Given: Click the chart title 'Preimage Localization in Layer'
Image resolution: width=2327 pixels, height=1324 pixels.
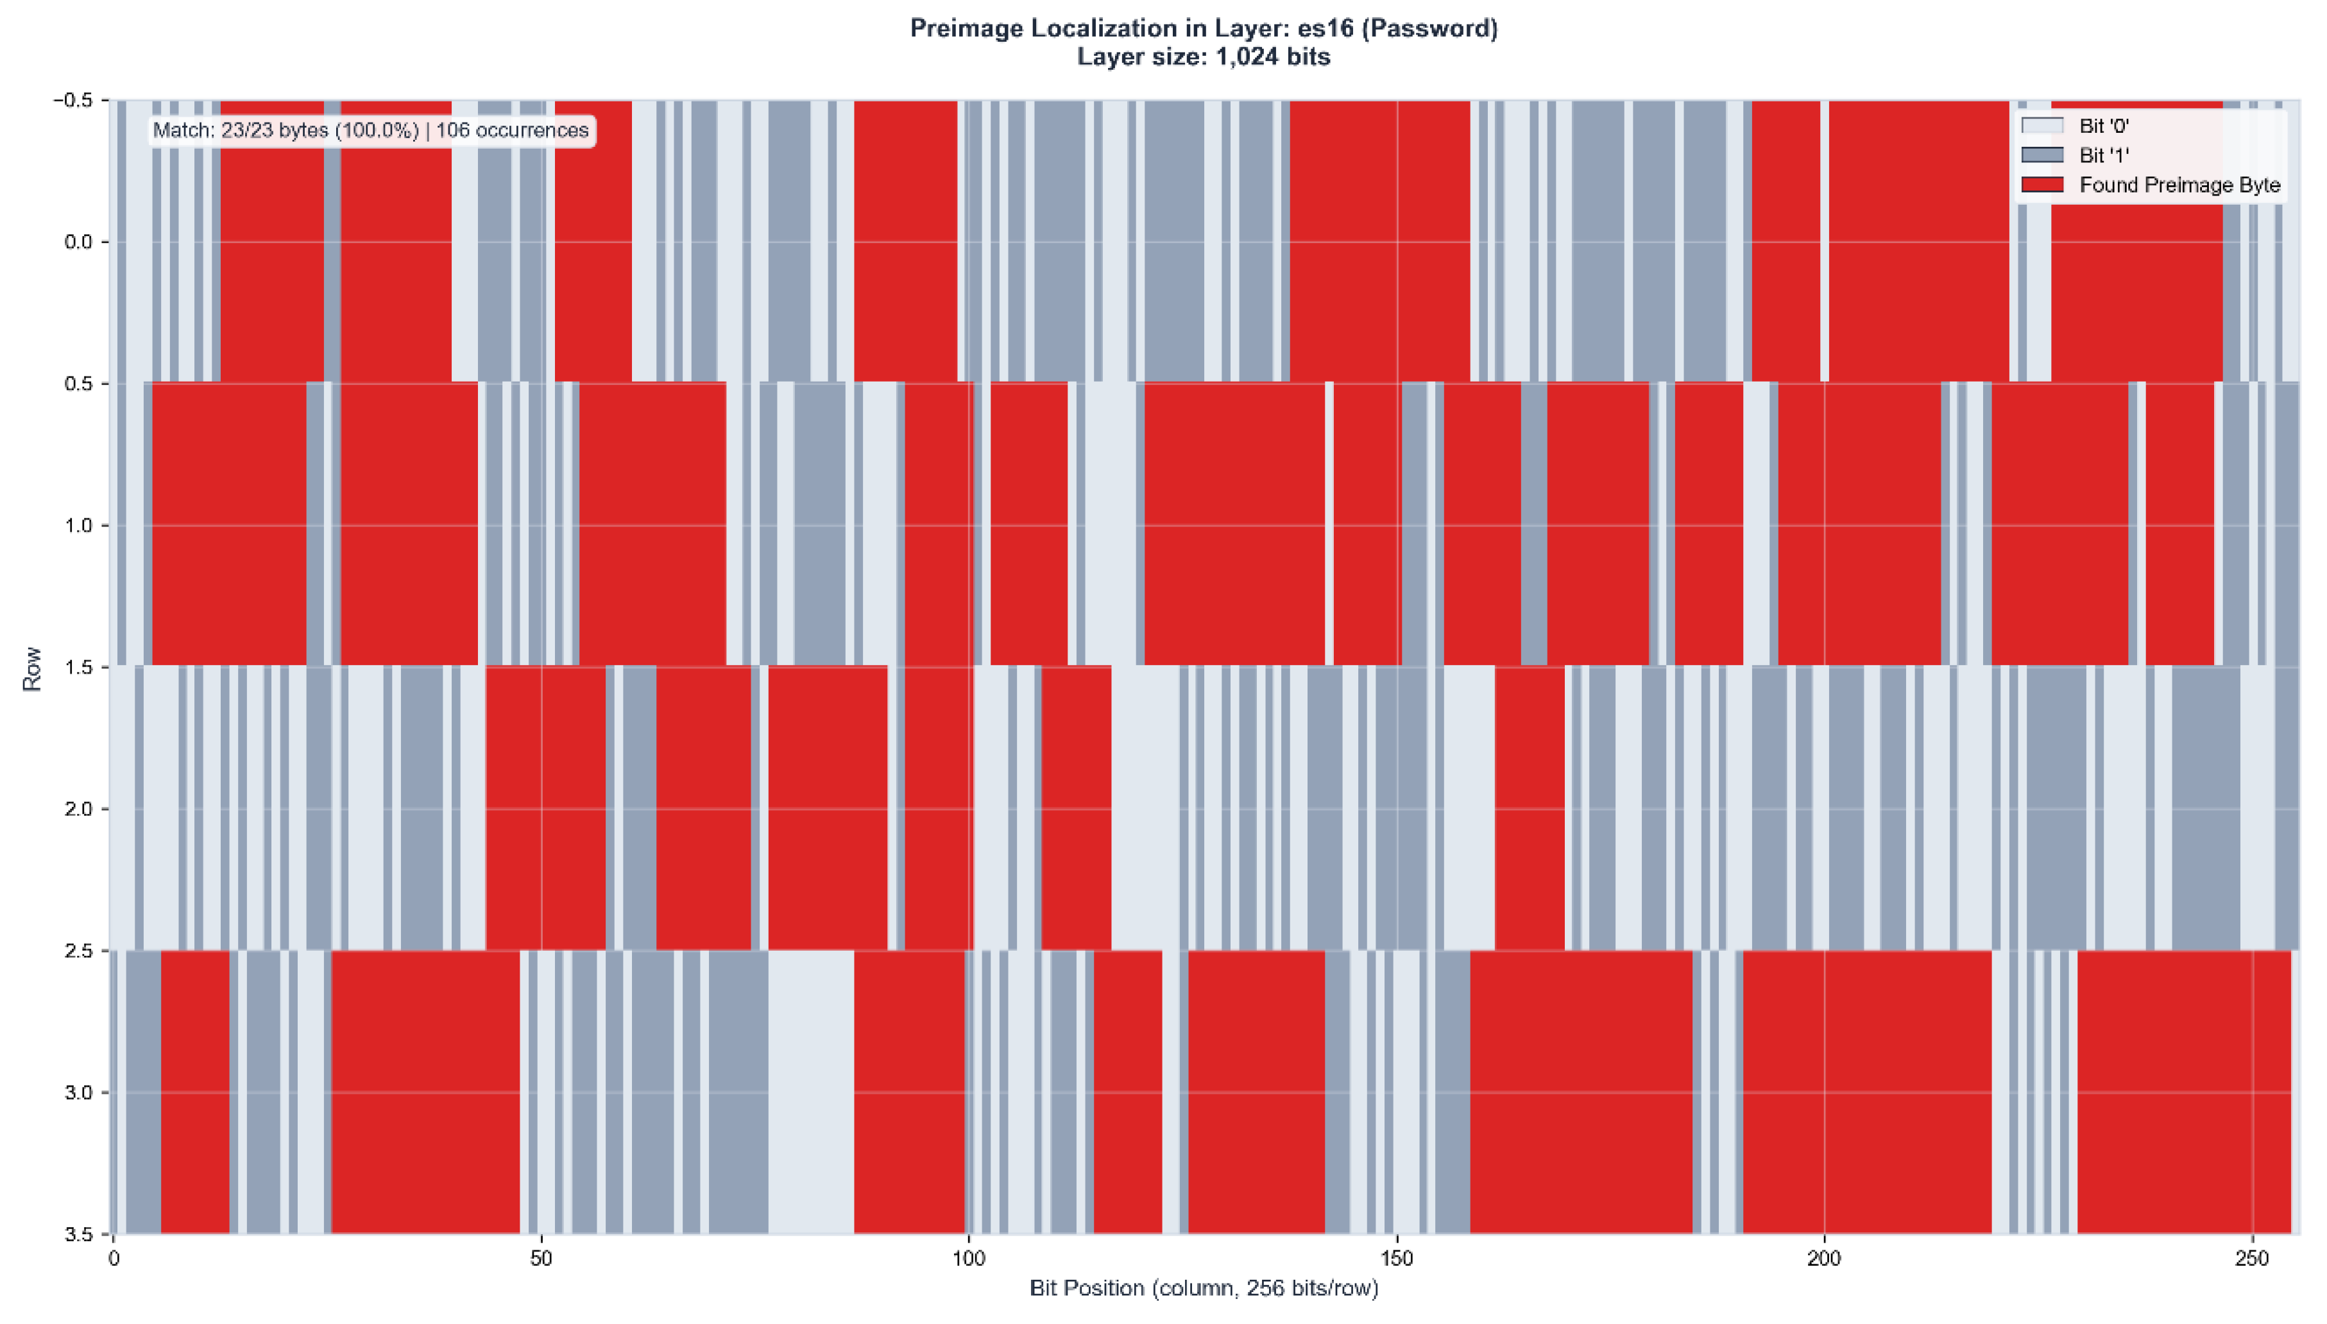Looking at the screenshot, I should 1203,28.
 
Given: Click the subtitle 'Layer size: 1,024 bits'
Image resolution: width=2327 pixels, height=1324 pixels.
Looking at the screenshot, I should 1203,57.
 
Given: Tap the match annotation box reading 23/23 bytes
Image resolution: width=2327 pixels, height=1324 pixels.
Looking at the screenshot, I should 371,130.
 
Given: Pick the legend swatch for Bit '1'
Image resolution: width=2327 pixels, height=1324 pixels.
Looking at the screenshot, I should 2041,155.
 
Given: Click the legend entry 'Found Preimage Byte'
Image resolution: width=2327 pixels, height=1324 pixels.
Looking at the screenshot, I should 2179,185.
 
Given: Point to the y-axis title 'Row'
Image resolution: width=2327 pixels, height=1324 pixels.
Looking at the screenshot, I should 33,668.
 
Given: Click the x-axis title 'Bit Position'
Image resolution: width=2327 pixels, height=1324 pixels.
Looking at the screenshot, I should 1203,1287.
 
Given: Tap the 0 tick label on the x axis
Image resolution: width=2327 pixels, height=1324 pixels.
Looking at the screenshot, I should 114,1259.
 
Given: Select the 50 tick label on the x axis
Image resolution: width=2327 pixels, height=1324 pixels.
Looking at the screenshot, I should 541,1259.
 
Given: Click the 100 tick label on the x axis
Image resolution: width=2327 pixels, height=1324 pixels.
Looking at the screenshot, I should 968,1259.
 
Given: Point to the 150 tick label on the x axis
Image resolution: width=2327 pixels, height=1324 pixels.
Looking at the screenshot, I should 1397,1259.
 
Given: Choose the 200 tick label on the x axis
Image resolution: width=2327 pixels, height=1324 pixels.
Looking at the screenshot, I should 1824,1259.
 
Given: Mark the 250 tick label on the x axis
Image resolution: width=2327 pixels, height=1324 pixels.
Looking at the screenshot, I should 2251,1259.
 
